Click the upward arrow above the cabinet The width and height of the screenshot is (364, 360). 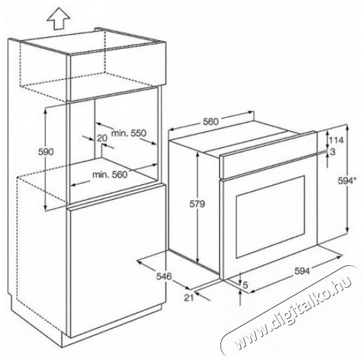(58, 19)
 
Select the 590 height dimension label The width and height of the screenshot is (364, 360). (45, 152)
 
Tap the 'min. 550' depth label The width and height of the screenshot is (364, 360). (129, 133)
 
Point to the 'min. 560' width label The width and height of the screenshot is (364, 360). (110, 174)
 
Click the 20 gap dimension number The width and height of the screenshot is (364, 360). (102, 138)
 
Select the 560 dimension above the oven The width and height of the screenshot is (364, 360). (211, 122)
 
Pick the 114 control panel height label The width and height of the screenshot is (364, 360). (336, 140)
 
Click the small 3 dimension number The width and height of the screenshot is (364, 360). (333, 152)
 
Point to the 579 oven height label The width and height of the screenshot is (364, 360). (197, 204)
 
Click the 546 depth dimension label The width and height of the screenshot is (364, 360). (164, 276)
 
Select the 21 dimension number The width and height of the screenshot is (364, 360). (189, 297)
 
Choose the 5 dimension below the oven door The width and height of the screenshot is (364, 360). (245, 285)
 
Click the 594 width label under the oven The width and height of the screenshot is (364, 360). (302, 271)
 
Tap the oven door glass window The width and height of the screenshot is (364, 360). (270, 217)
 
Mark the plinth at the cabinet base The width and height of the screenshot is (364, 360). (112, 324)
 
